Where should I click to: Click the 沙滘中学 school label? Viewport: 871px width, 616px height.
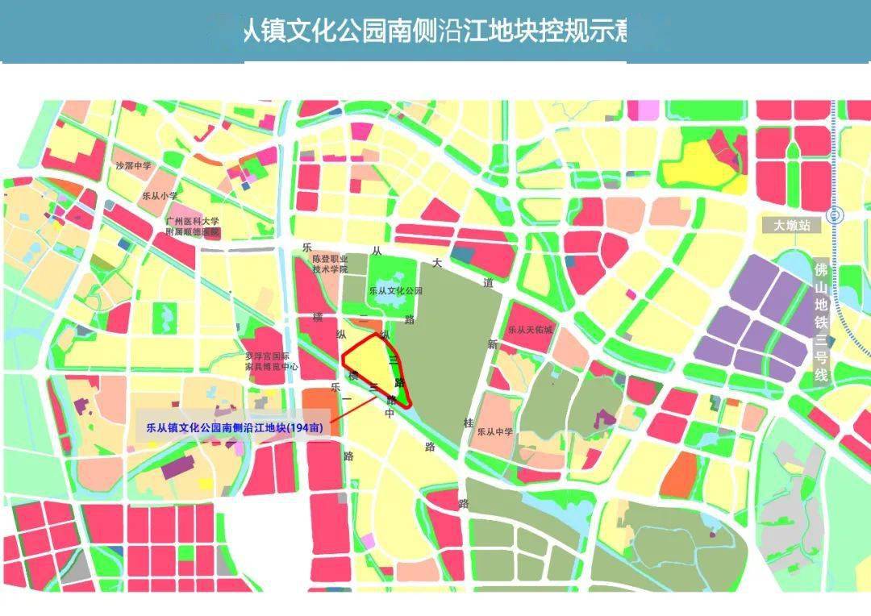133,166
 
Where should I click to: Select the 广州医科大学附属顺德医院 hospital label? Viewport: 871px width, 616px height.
193,227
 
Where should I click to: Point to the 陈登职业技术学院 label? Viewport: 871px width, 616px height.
330,264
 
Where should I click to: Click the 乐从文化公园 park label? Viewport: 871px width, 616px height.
395,290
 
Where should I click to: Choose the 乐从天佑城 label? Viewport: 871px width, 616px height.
531,331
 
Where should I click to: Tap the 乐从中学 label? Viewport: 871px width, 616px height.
495,431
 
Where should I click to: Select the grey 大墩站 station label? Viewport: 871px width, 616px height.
791,226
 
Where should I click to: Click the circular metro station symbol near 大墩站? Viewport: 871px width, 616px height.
836,214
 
